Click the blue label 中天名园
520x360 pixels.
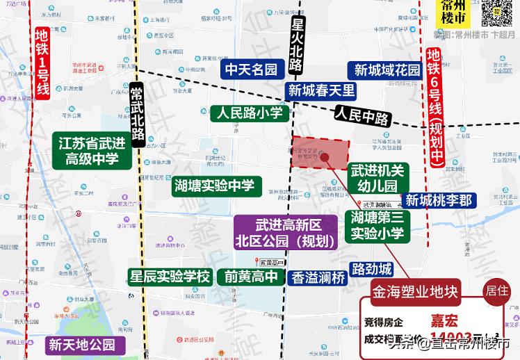[x=250, y=69]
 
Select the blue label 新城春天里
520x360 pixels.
[x=321, y=90]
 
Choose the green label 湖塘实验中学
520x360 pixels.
[x=218, y=185]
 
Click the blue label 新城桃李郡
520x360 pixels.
[x=439, y=200]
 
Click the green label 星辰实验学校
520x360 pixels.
[x=170, y=276]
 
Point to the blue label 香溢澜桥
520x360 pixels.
[x=318, y=276]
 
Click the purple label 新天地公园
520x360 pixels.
[x=81, y=344]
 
